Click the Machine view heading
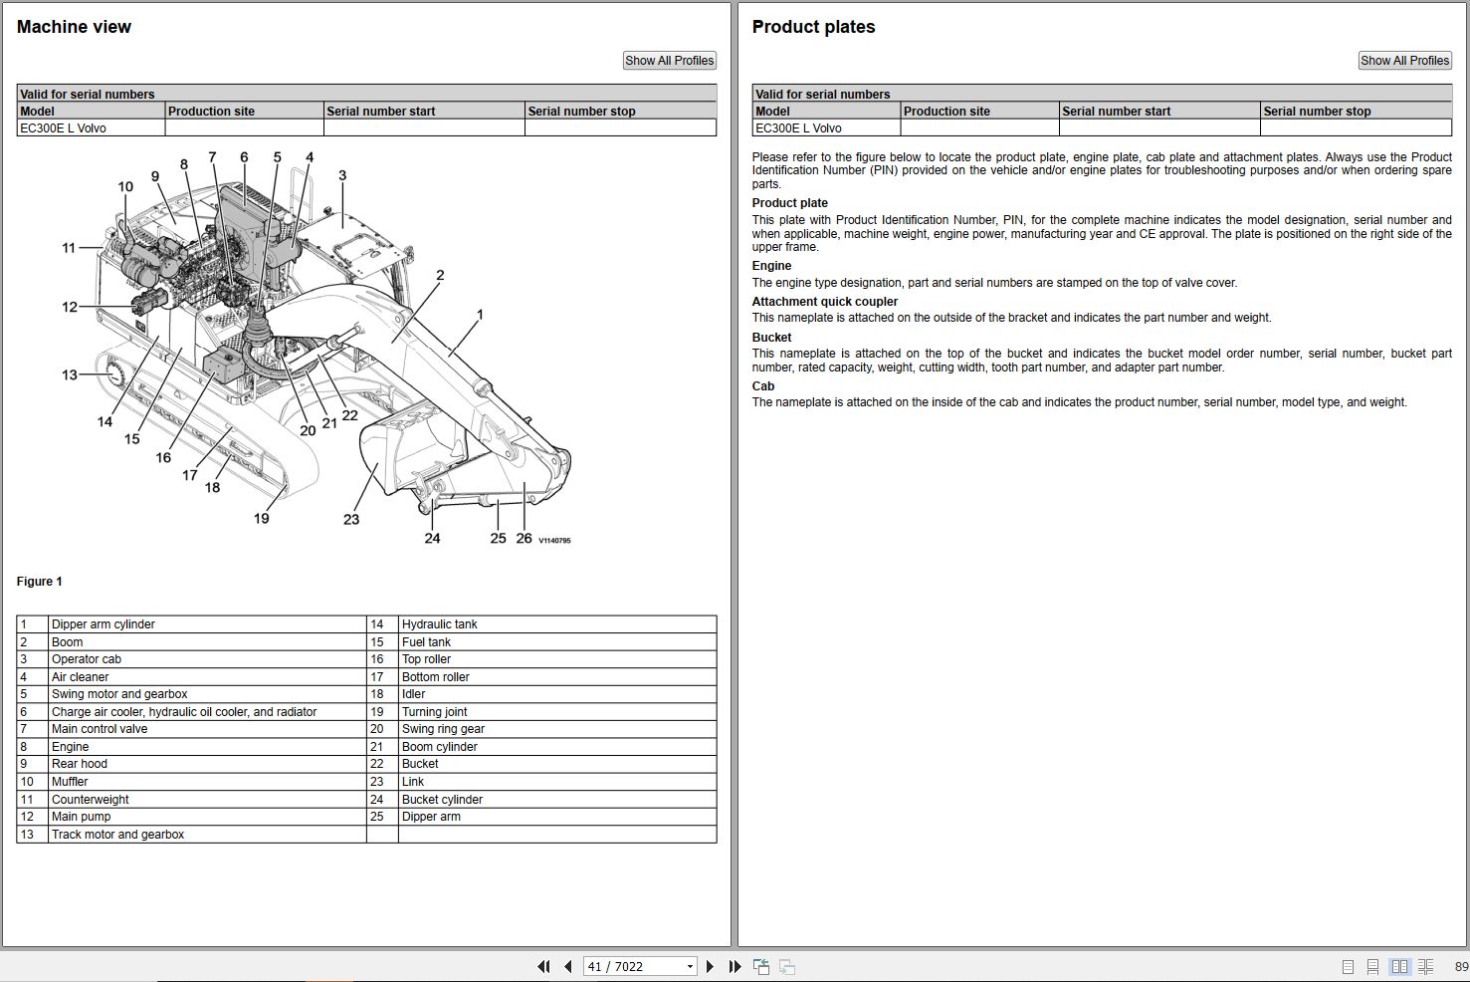click(x=74, y=27)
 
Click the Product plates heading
click(x=813, y=27)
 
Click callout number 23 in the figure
click(x=351, y=519)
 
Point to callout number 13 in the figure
click(x=70, y=375)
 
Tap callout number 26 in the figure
click(x=524, y=538)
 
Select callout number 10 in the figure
click(x=125, y=186)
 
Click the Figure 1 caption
click(x=40, y=582)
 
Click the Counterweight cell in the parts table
click(x=91, y=800)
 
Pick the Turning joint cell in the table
click(x=435, y=712)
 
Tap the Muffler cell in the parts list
click(x=70, y=782)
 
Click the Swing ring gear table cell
click(x=443, y=729)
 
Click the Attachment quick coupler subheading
click(x=824, y=302)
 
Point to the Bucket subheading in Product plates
click(x=771, y=338)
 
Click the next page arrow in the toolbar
click(x=710, y=966)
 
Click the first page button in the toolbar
click(x=543, y=966)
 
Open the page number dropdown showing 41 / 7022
click(x=690, y=966)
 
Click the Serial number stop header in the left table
click(x=581, y=112)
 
